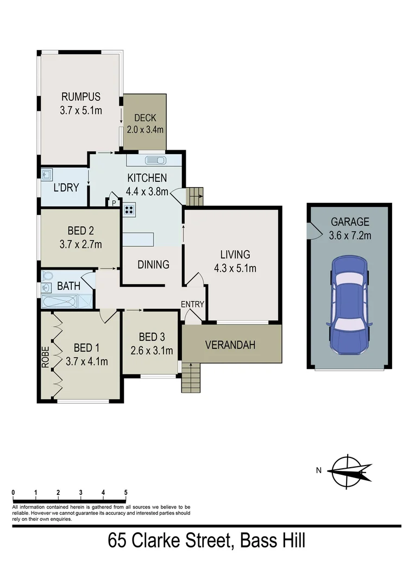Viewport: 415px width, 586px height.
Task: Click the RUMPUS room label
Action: [x=80, y=97]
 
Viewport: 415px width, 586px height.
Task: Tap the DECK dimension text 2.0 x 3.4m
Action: [x=145, y=130]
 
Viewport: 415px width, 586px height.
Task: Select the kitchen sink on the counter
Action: [x=156, y=161]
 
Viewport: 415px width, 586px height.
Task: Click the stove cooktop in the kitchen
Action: [x=130, y=211]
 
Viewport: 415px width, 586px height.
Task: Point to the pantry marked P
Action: [x=114, y=203]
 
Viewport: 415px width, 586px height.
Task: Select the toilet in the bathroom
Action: [x=46, y=275]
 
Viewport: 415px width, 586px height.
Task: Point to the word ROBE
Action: [x=46, y=358]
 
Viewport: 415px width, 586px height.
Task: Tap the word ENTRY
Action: [x=192, y=304]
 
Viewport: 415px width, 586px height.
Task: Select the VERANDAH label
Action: [x=230, y=345]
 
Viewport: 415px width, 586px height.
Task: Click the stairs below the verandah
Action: [x=191, y=377]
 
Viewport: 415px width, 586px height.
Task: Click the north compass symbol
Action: [x=350, y=472]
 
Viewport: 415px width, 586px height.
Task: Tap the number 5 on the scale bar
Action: [x=125, y=492]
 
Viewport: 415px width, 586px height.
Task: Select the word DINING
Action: [x=153, y=265]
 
